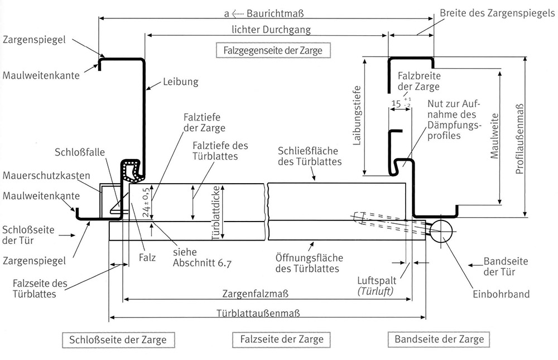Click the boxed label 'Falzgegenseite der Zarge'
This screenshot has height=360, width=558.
273,50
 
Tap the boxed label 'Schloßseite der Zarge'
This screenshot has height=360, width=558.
118,340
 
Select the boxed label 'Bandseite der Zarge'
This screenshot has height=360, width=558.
439,339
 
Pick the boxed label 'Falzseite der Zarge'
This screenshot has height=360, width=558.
282,339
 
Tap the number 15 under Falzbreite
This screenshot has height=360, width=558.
396,104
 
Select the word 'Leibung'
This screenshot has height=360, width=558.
180,82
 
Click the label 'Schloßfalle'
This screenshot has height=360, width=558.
80,152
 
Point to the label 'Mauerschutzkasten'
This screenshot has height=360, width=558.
46,176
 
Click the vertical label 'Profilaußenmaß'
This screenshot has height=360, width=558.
520,139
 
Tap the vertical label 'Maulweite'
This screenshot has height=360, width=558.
494,136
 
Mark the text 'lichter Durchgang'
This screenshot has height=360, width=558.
271,30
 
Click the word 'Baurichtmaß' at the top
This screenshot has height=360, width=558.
275,13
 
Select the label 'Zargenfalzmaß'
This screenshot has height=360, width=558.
255,294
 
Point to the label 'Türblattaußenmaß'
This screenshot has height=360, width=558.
258,313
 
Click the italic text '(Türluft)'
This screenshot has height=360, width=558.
376,291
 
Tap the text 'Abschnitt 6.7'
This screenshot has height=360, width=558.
202,263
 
